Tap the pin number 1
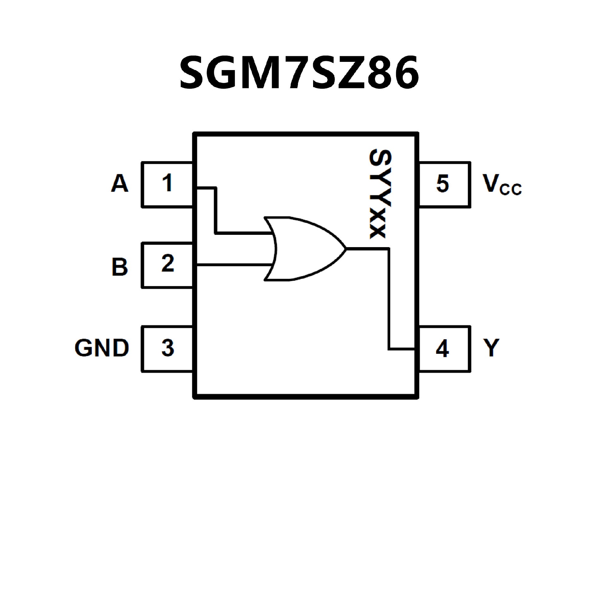click(167, 183)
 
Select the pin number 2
click(168, 263)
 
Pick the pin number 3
click(168, 348)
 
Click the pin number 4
click(442, 349)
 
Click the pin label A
click(120, 183)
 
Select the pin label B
click(120, 267)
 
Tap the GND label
click(102, 348)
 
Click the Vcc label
click(502, 185)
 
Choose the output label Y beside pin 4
click(491, 348)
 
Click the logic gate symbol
click(303, 249)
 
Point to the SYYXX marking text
click(380, 194)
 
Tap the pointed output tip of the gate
click(346, 249)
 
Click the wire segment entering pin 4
click(401, 349)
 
